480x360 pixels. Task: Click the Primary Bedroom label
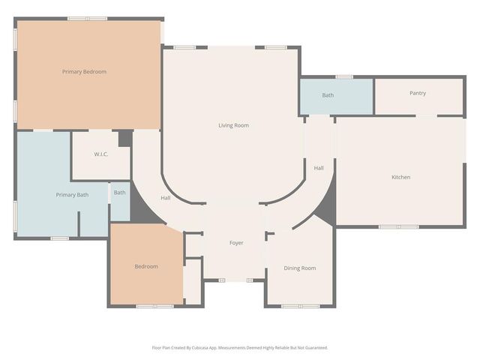coord(84,72)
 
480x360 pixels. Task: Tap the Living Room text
coord(233,125)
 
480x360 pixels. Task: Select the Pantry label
coord(418,93)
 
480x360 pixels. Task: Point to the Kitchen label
coord(400,177)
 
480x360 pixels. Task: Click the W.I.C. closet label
coord(102,154)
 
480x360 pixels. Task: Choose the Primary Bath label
coord(72,195)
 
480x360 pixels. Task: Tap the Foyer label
coord(236,242)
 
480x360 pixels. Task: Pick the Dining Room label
coord(299,268)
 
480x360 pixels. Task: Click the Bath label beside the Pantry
coord(328,95)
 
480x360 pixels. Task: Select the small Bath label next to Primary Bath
coord(120,193)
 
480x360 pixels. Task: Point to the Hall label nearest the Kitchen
coord(319,168)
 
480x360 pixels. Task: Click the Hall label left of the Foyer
coord(166,198)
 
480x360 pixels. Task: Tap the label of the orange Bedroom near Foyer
coord(146,266)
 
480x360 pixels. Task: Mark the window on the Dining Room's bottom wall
coord(299,306)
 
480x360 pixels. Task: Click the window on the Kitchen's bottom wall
coord(398,226)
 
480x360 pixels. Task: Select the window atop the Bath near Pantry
coord(344,76)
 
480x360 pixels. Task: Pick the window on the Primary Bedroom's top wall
coord(87,19)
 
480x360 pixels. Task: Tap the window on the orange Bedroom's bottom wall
coord(155,306)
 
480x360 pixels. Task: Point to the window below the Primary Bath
coord(60,238)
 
